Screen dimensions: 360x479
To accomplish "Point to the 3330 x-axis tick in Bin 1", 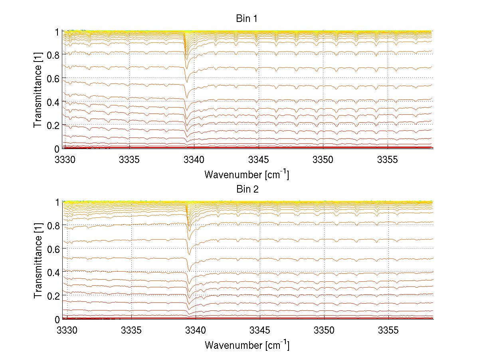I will (x=65, y=160).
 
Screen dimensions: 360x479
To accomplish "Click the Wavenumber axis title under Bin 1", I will (x=247, y=174).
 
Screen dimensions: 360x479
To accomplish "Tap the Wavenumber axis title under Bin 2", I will (x=247, y=345).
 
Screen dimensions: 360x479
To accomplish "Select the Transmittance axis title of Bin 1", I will (x=38, y=90).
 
